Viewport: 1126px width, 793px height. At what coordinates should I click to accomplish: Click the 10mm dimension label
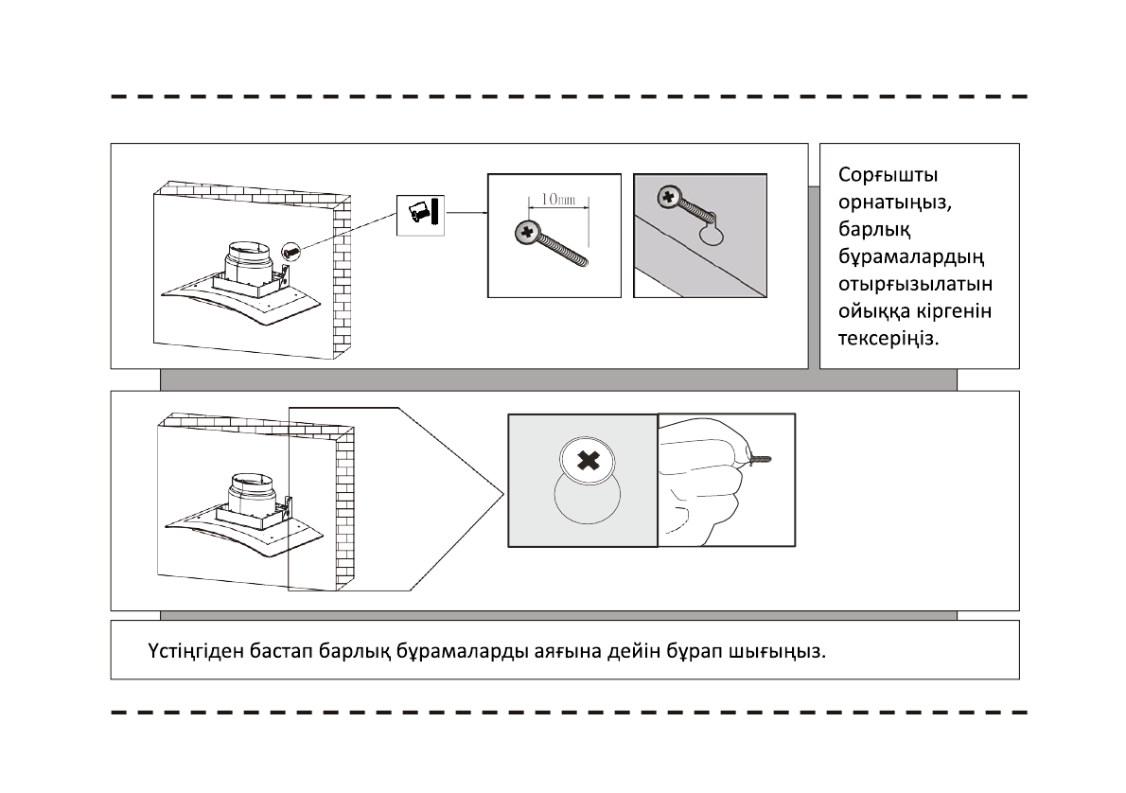[557, 201]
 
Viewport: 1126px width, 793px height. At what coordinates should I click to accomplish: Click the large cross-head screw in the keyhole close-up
[588, 462]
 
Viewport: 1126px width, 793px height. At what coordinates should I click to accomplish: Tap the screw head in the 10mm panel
[526, 232]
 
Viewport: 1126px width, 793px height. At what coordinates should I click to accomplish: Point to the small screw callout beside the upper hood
[290, 251]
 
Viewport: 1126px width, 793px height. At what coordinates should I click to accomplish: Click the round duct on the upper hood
[248, 258]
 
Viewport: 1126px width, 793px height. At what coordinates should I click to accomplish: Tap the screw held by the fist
[762, 460]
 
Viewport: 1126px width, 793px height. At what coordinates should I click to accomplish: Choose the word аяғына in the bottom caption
[572, 652]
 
